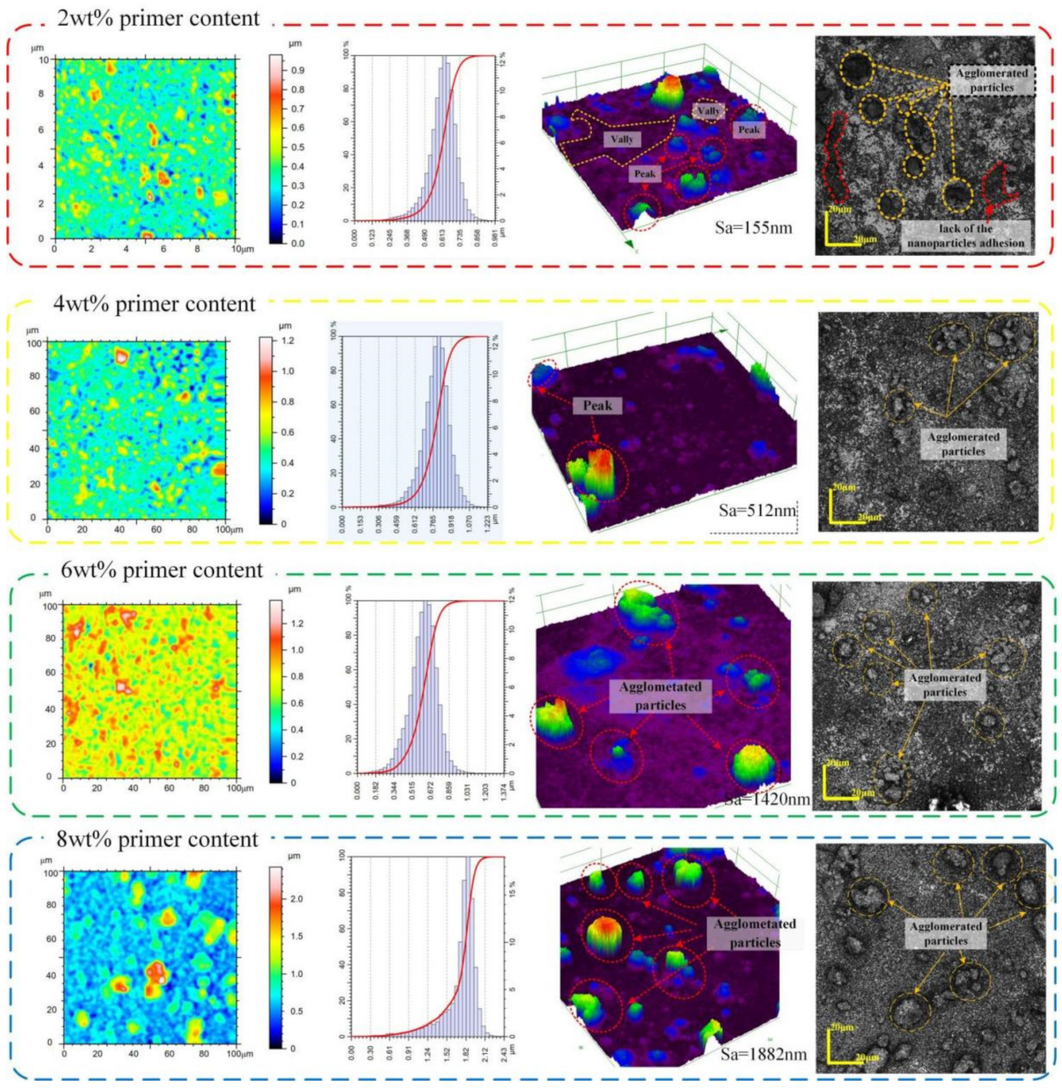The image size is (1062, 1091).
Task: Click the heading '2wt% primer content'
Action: (x=158, y=18)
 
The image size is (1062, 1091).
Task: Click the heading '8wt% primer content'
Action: (x=156, y=839)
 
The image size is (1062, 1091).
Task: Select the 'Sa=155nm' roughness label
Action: (x=753, y=228)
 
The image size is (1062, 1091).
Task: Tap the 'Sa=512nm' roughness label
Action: (x=757, y=511)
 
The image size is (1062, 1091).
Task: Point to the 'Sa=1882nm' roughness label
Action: (x=763, y=1055)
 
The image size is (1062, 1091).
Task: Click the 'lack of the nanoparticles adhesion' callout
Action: (x=965, y=236)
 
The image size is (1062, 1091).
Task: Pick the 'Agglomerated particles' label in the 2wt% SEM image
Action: (x=992, y=81)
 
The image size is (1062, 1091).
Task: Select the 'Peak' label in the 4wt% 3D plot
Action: (x=597, y=405)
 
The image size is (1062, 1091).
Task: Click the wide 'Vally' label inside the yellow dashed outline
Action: (x=622, y=139)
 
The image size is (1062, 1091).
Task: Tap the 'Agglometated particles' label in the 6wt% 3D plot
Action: (x=660, y=696)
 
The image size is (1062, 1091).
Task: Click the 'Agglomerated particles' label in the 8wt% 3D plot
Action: (x=754, y=933)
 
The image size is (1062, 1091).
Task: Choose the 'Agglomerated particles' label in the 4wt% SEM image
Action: (x=963, y=444)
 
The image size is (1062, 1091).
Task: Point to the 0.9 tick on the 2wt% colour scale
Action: (x=297, y=71)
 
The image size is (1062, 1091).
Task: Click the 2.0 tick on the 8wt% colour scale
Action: (x=296, y=899)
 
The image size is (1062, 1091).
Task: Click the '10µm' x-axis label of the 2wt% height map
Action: (x=242, y=250)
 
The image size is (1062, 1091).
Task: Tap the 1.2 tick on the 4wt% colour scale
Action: (x=287, y=341)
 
